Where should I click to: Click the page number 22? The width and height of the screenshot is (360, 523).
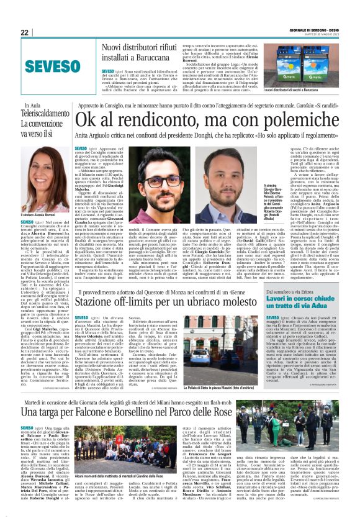tap(25, 32)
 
